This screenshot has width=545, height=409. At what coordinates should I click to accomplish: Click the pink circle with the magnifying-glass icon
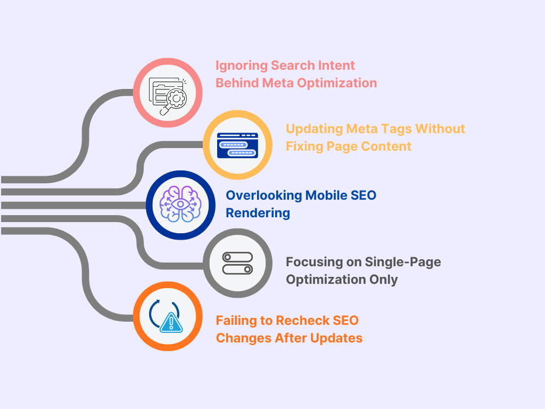(x=168, y=92)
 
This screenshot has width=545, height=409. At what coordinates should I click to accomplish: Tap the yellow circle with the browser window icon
(x=237, y=145)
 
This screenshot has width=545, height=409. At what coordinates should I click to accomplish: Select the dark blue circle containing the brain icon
(x=180, y=205)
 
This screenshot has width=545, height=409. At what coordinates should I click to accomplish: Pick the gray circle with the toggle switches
(x=238, y=263)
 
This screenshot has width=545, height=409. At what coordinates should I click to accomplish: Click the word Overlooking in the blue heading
(x=263, y=195)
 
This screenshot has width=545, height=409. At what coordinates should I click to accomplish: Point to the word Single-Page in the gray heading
(x=402, y=261)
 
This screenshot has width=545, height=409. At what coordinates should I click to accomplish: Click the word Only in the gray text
(x=384, y=279)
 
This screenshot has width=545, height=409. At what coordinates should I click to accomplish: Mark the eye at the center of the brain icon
(x=180, y=204)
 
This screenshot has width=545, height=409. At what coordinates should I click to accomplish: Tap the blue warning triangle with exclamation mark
(x=171, y=322)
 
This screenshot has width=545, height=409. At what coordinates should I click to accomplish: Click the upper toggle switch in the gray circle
(x=237, y=257)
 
